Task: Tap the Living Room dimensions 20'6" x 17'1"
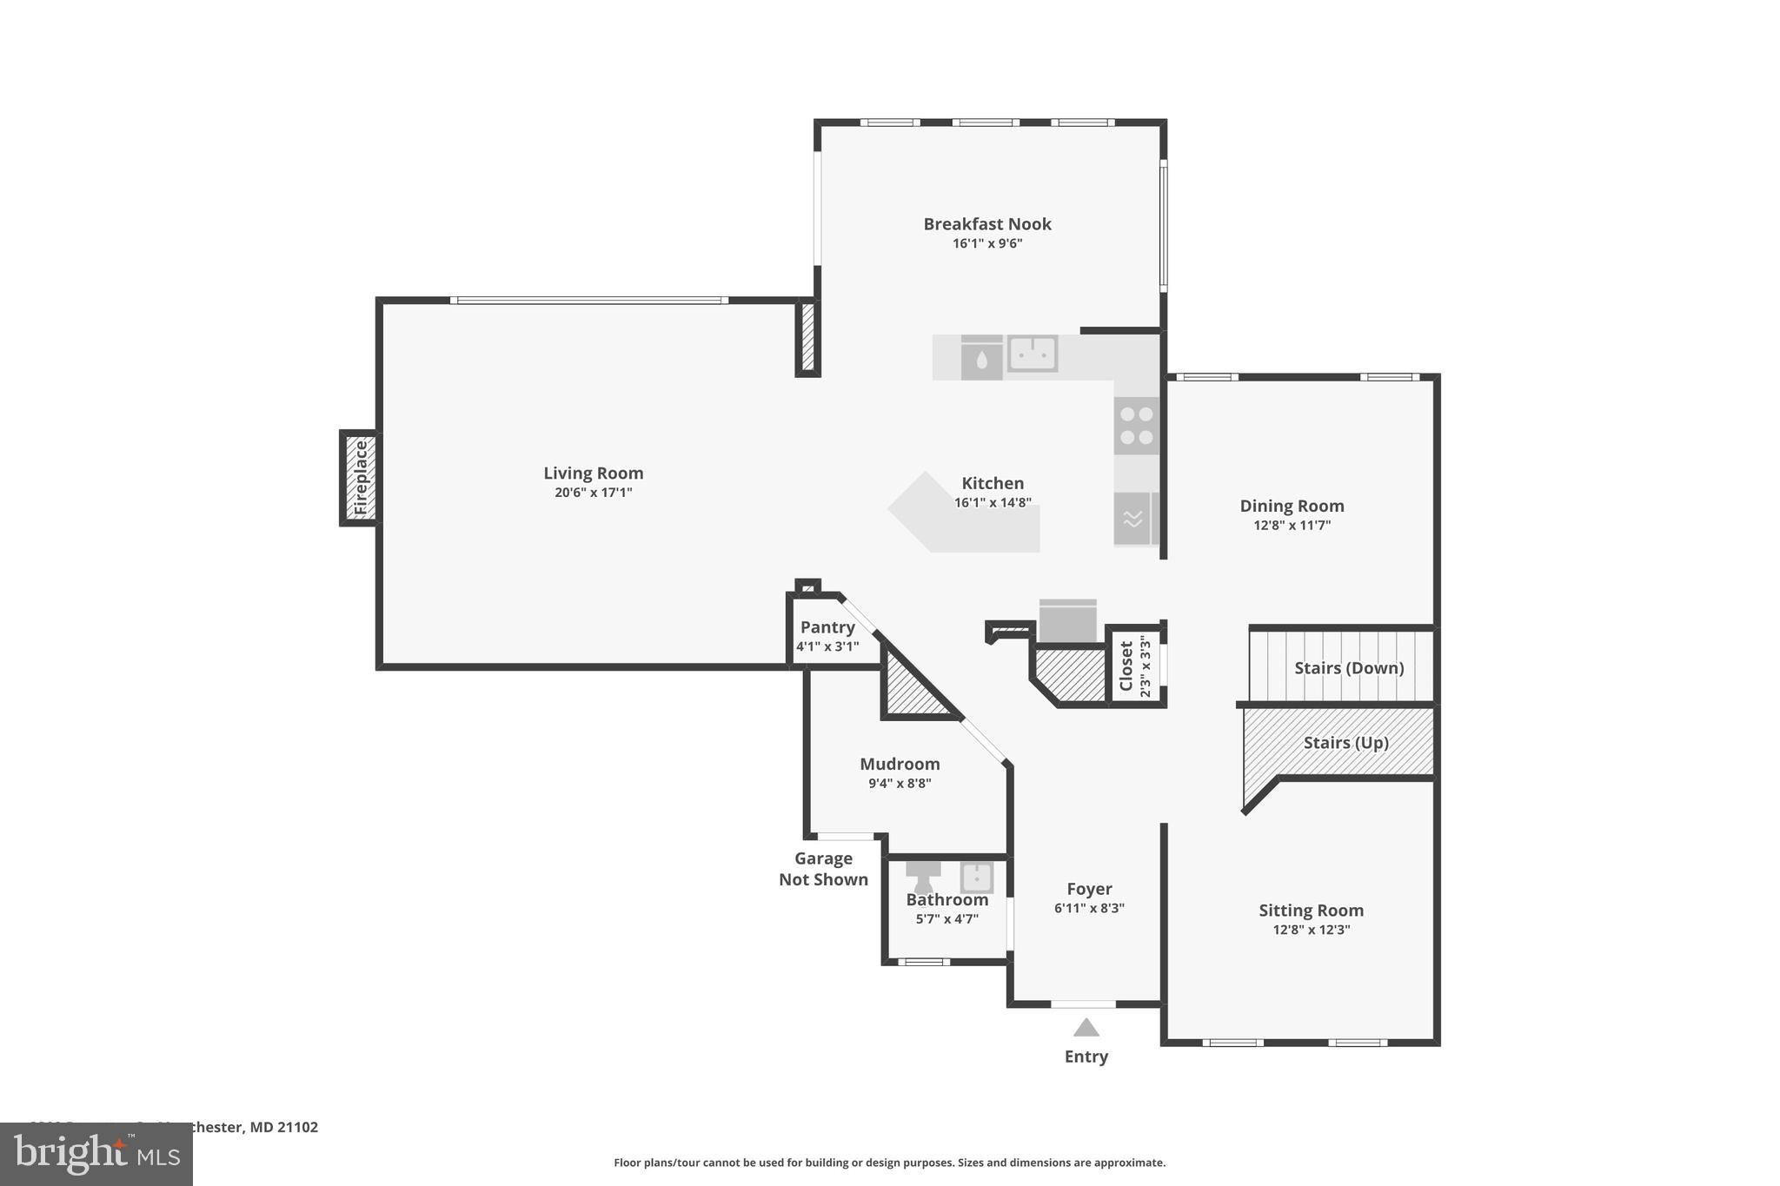(594, 493)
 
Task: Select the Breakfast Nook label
(987, 224)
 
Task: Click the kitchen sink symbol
(1032, 354)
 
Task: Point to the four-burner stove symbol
(1137, 426)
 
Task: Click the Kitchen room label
(993, 483)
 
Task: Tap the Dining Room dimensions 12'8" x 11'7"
(1292, 526)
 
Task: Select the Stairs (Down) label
(1349, 668)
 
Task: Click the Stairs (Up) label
(1345, 743)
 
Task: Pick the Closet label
(1126, 666)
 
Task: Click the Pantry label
(827, 627)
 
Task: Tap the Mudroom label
(900, 764)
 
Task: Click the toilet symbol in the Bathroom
(923, 876)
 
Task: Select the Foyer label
(1089, 889)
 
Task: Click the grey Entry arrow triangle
(1086, 1028)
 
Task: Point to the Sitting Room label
(1311, 911)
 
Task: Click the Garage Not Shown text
(823, 869)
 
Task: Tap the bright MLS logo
(96, 1154)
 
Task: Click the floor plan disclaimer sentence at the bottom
(889, 1163)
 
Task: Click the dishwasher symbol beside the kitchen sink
(981, 358)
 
